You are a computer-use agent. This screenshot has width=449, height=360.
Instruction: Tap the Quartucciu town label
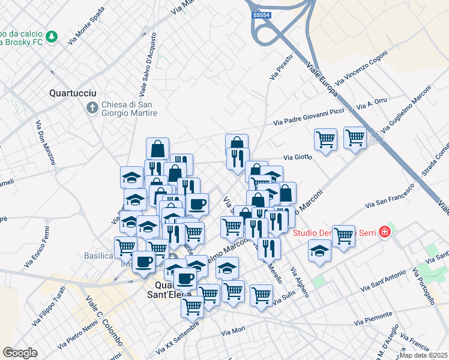[70, 94]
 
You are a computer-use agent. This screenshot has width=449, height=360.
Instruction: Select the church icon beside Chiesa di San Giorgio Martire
[92, 108]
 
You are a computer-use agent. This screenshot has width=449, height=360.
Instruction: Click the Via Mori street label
[233, 331]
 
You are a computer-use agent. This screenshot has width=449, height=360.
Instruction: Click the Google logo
[20, 353]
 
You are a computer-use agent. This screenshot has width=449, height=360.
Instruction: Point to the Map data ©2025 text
[424, 355]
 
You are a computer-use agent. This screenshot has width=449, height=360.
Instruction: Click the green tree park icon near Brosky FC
[53, 37]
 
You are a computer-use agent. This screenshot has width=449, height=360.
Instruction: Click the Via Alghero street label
[300, 282]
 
